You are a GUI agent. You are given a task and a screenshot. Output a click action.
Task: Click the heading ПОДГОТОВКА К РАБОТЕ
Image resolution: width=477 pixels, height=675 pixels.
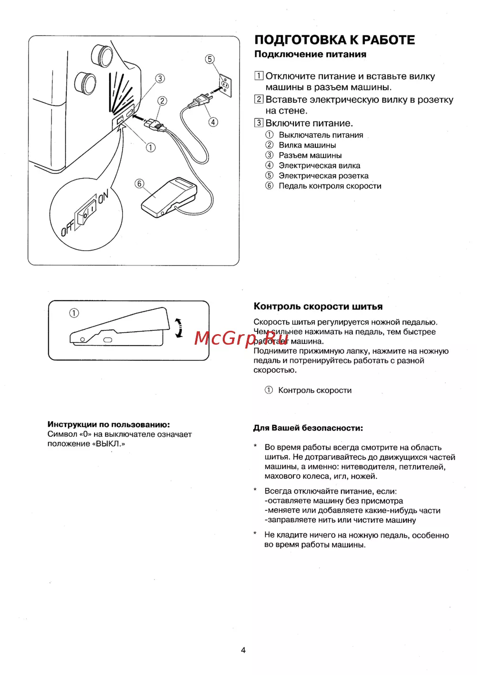(x=334, y=40)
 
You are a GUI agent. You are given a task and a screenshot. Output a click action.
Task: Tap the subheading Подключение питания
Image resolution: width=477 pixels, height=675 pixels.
(x=310, y=54)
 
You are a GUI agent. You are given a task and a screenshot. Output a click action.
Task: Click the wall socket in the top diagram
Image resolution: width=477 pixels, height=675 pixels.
(x=225, y=85)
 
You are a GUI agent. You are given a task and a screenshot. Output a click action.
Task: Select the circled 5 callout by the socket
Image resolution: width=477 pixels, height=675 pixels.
(x=210, y=59)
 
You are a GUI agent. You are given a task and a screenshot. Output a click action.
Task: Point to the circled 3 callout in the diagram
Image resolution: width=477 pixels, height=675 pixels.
(x=160, y=78)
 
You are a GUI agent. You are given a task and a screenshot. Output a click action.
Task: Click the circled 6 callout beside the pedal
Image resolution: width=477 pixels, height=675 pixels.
(x=139, y=184)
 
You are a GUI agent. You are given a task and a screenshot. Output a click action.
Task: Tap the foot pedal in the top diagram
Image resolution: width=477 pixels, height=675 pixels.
(x=170, y=196)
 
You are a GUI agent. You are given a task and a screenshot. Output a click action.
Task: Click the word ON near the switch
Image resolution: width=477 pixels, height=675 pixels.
(x=104, y=196)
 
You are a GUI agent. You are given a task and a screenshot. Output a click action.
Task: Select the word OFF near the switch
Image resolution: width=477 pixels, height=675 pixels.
(x=67, y=230)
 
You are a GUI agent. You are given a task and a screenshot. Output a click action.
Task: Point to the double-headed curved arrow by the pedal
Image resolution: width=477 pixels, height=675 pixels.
(x=179, y=328)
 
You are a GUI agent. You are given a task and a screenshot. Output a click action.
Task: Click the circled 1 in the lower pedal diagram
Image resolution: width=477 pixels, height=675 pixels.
(x=74, y=313)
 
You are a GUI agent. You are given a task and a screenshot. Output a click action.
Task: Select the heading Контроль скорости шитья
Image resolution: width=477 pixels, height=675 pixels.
(x=318, y=306)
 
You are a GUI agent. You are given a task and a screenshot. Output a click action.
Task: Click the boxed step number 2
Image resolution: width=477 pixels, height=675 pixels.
(x=259, y=99)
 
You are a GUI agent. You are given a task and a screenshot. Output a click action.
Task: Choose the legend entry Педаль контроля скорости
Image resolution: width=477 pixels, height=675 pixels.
(x=330, y=186)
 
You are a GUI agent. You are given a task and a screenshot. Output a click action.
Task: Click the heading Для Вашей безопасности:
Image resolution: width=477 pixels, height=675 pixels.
(x=308, y=428)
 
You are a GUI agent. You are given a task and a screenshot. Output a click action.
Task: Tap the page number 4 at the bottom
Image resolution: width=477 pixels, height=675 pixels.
(x=243, y=650)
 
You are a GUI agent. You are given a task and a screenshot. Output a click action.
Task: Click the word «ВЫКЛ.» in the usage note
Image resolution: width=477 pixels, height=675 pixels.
(x=110, y=444)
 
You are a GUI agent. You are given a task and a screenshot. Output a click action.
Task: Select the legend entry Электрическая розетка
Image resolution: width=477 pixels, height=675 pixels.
(x=323, y=176)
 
